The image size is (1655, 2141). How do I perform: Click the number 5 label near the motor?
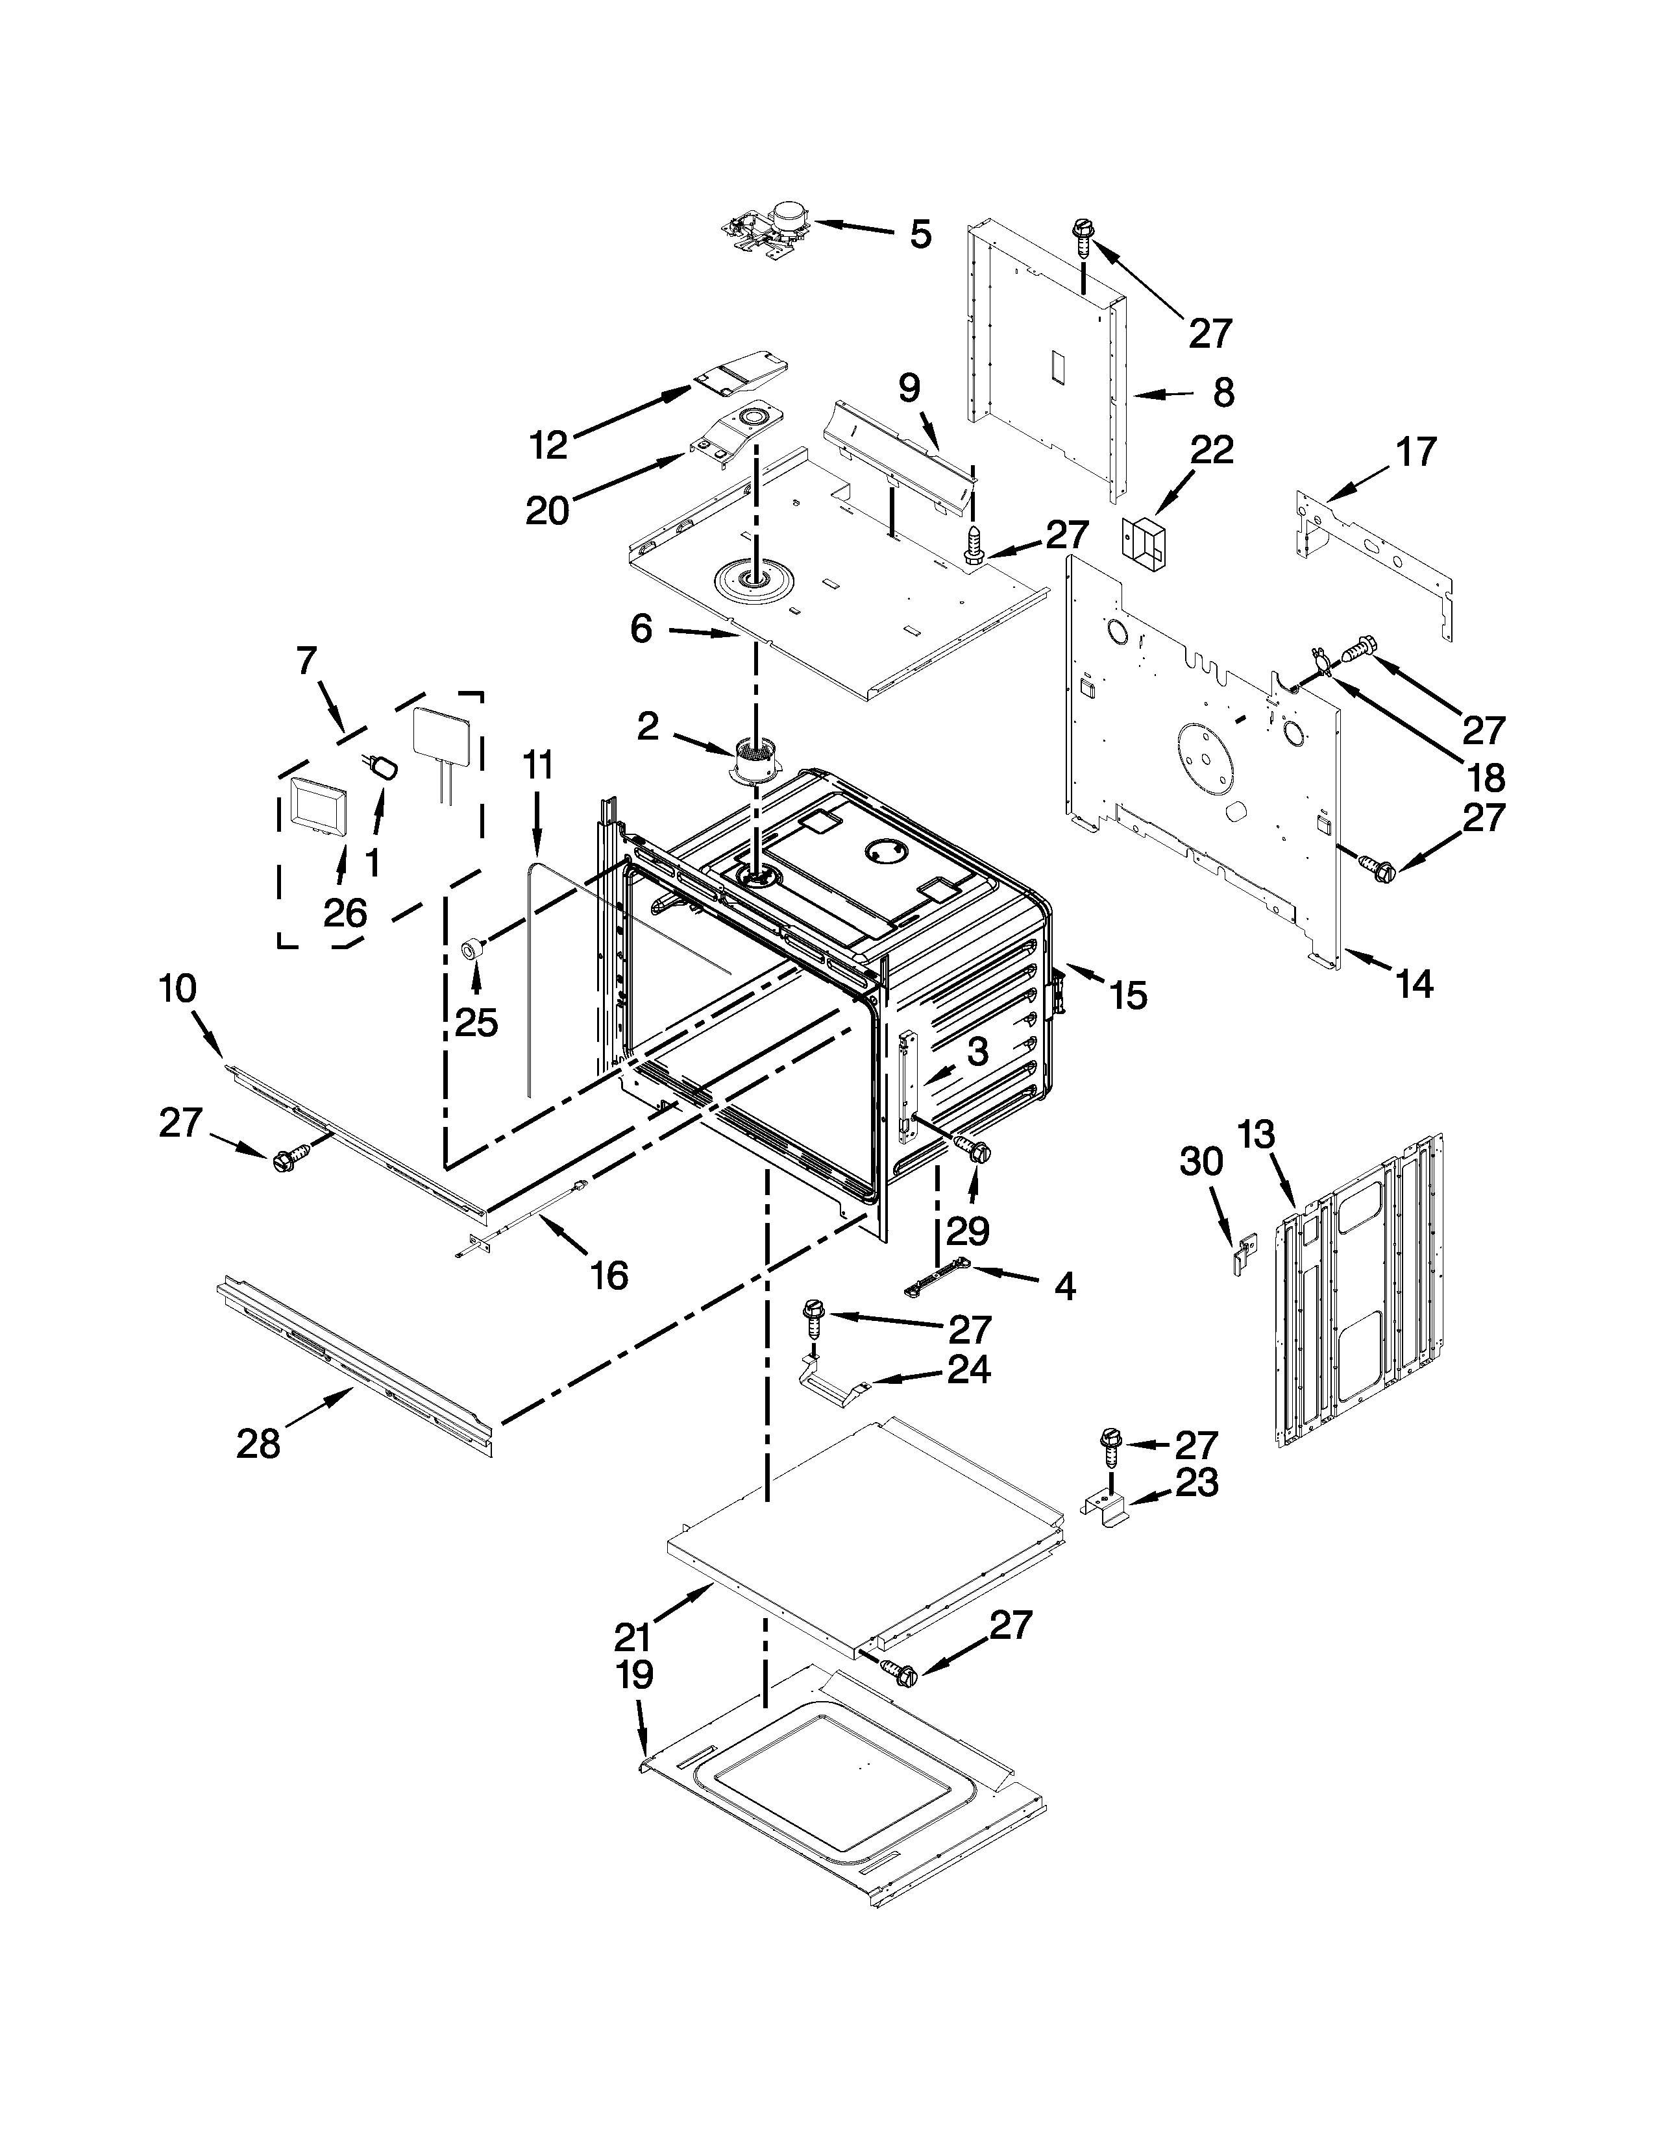[920, 236]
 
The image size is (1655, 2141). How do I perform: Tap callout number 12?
[549, 446]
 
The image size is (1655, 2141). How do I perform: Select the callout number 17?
[1416, 452]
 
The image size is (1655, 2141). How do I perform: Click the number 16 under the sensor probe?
[609, 1276]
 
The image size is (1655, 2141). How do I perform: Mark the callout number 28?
[258, 1444]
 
